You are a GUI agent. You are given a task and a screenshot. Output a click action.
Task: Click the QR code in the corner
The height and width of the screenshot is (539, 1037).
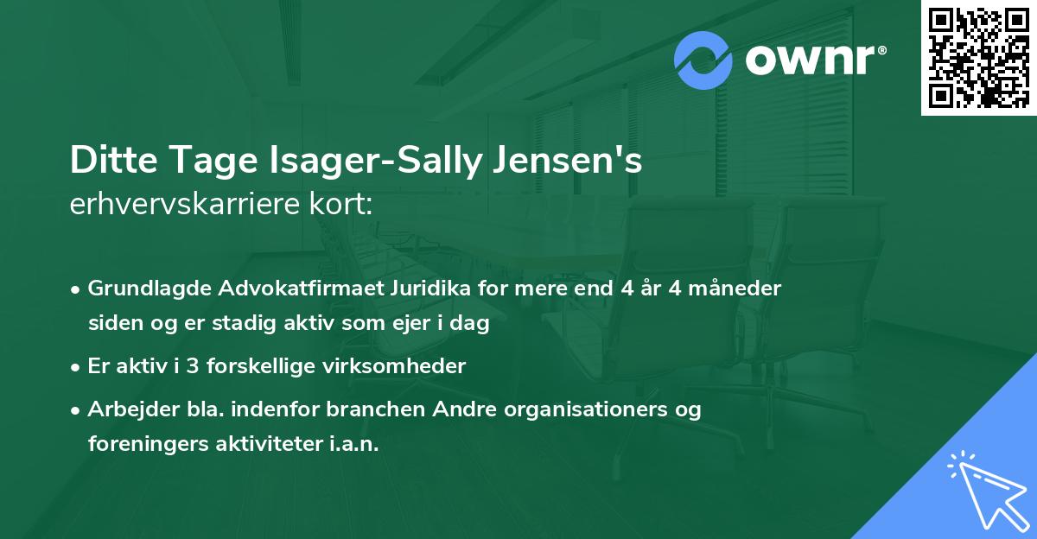[979, 57]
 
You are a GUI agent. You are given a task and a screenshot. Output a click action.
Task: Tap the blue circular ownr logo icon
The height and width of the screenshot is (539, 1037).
[703, 60]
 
